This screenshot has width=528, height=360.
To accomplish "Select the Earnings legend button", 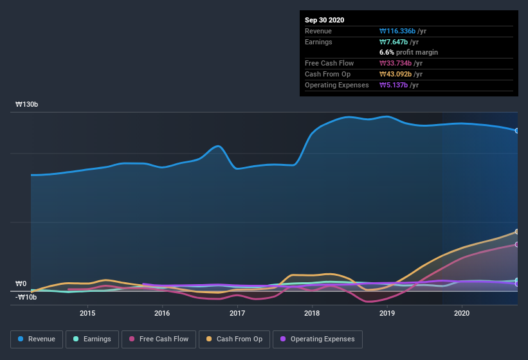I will [x=93, y=339].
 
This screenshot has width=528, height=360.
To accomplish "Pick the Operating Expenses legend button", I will [x=318, y=339].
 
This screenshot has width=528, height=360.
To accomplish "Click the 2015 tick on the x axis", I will [x=87, y=314].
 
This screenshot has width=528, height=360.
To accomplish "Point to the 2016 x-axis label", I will [x=162, y=314].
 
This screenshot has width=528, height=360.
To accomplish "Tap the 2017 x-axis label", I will [x=237, y=314].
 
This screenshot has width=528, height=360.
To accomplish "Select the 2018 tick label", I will [x=312, y=314].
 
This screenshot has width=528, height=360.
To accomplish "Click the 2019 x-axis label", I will [x=387, y=314].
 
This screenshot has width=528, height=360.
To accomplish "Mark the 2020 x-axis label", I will [x=462, y=314].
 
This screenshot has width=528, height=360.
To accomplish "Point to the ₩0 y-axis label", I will [x=21, y=283].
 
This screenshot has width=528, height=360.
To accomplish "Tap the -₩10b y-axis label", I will [x=26, y=296].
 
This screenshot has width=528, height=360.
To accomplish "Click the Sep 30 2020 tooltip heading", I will [x=325, y=20].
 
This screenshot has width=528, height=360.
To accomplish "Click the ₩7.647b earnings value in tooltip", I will [x=399, y=42].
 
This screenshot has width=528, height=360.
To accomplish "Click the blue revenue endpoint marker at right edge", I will [x=517, y=130].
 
